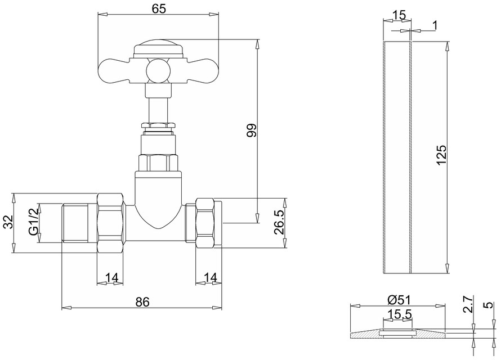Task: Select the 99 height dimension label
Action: click(x=252, y=130)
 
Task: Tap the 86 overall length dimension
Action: click(x=142, y=301)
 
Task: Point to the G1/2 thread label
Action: click(x=34, y=222)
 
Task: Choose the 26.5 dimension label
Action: click(x=279, y=222)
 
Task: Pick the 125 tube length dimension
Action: click(x=441, y=155)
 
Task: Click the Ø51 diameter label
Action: click(x=399, y=300)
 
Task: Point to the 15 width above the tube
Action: click(x=399, y=15)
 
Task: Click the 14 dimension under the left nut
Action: click(x=112, y=278)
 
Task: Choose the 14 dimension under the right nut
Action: click(x=211, y=278)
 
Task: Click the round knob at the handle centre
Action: click(x=158, y=70)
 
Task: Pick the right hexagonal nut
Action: click(x=204, y=223)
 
